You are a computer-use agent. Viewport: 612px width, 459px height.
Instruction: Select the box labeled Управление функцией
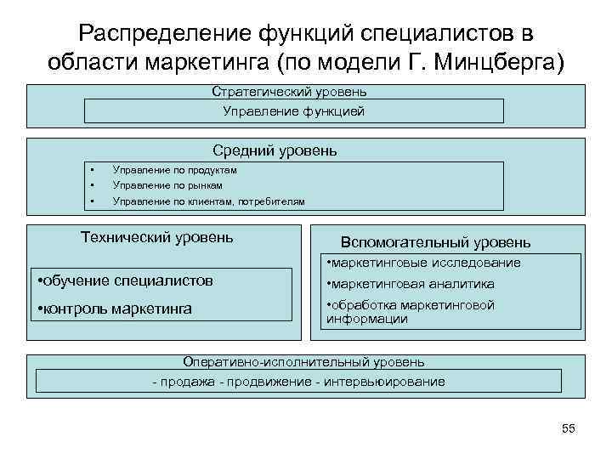tap(294, 111)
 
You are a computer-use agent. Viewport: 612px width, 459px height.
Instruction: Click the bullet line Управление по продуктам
tap(175, 170)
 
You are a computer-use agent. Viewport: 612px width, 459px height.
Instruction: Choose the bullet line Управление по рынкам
tap(167, 185)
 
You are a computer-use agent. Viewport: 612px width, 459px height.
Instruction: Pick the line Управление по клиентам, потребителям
tap(208, 201)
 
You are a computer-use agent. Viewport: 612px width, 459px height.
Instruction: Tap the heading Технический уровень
tap(156, 236)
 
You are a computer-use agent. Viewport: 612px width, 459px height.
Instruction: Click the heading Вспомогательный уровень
tap(435, 242)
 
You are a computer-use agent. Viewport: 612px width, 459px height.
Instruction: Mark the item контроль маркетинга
tap(116, 308)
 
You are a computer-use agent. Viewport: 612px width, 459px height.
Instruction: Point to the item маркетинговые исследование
tap(424, 263)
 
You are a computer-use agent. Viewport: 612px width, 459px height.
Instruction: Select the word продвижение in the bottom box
tap(267, 382)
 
